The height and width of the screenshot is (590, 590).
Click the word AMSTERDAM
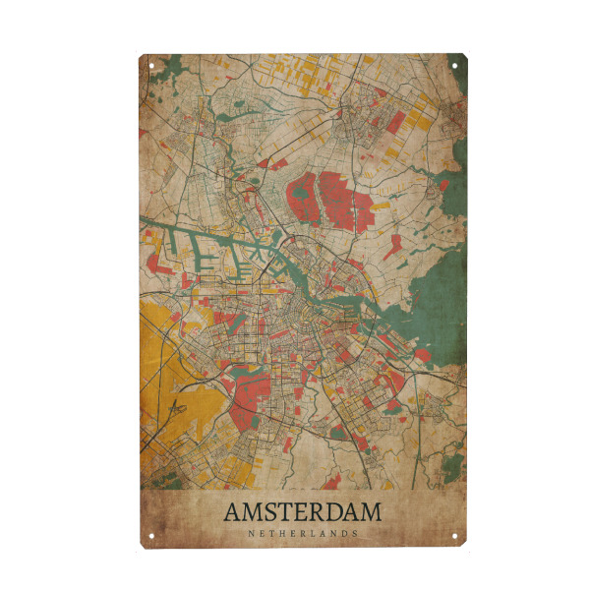302,512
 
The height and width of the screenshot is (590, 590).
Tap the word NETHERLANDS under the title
303,534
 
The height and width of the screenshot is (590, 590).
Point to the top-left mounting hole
151,66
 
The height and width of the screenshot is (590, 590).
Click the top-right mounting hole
454,66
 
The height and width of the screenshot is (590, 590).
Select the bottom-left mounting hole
151,536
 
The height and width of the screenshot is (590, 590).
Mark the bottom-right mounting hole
454,536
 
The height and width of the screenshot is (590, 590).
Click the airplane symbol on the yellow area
177,407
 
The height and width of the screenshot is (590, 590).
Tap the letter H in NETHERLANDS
279,534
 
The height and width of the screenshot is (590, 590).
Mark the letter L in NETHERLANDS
309,534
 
